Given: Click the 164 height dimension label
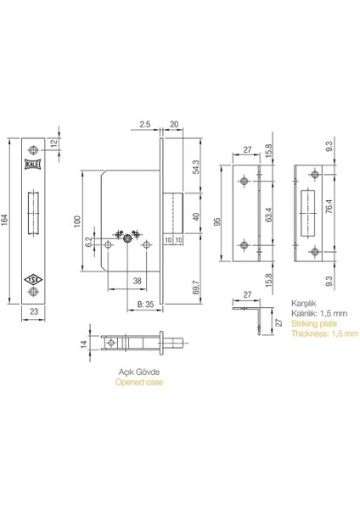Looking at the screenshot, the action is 4,220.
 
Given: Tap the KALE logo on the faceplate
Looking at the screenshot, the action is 33,165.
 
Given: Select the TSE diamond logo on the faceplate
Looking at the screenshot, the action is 33,279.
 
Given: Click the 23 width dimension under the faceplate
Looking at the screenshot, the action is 33,311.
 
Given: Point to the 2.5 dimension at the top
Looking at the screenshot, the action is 144,125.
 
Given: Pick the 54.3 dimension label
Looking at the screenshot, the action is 197,167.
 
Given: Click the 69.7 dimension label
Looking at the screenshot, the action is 197,288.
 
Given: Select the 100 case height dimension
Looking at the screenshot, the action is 77,221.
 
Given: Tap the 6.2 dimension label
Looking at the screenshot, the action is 88,242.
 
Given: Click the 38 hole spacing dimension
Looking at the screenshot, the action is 138,281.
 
